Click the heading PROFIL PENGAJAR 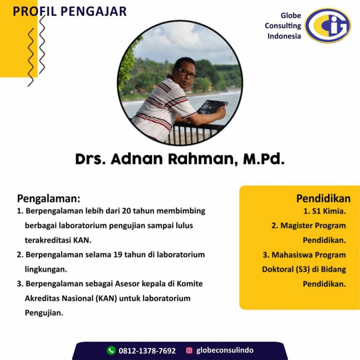click(x=69, y=11)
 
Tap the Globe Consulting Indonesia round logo click(x=328, y=25)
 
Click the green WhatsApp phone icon click(x=112, y=350)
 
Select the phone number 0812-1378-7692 click(x=147, y=351)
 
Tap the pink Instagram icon click(x=189, y=350)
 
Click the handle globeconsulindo click(x=225, y=350)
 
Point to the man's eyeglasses click(x=186, y=73)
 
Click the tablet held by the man click(x=212, y=107)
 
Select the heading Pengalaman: click(x=49, y=199)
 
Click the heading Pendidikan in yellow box click(x=323, y=199)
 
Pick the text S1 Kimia click(x=329, y=211)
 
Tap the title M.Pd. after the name click(x=264, y=159)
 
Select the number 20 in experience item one click(x=126, y=211)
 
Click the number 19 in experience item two click(x=118, y=255)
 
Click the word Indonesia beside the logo click(x=284, y=36)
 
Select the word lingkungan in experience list click(x=46, y=270)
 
